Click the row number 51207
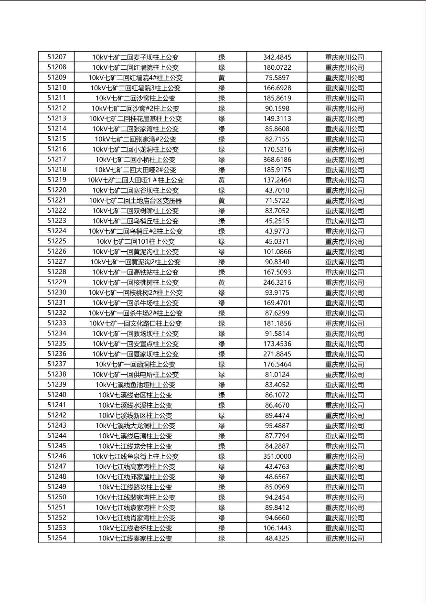(x=57, y=57)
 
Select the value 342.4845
(x=277, y=57)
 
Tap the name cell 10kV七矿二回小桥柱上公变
(x=135, y=160)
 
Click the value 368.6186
(x=277, y=160)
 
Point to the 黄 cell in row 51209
(x=222, y=77)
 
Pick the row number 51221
(x=57, y=200)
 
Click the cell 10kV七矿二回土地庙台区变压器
(x=135, y=201)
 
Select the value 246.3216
(x=277, y=282)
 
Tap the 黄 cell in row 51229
(x=222, y=282)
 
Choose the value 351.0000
(x=277, y=456)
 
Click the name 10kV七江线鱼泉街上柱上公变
(x=135, y=456)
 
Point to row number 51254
(x=57, y=538)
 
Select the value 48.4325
(x=277, y=538)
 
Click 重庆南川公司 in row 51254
(x=344, y=538)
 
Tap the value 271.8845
(x=277, y=354)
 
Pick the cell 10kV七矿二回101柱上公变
(x=135, y=241)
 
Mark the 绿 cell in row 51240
(x=222, y=395)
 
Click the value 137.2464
(x=277, y=180)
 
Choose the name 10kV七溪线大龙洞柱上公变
(x=135, y=426)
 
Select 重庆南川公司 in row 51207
(x=344, y=57)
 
